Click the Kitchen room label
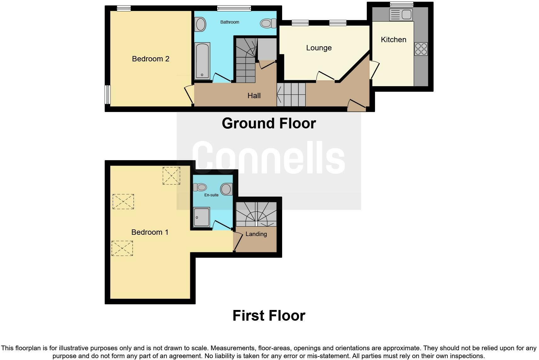tap(393, 40)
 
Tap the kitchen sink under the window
tap(401, 14)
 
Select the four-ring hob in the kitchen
tap(421, 49)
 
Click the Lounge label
tap(319, 48)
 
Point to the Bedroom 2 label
tap(150, 59)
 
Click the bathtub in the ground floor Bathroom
tap(202, 61)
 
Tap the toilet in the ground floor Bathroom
tap(268, 23)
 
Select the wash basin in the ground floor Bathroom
tap(200, 24)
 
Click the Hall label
tap(254, 96)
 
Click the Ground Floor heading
tap(269, 123)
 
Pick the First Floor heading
tap(269, 316)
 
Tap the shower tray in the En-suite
tap(201, 217)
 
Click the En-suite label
tap(211, 195)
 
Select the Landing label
tap(256, 234)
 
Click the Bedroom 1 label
tap(150, 232)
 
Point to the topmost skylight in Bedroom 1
tap(171, 176)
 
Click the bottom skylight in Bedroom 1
tap(122, 248)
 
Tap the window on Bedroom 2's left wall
tap(108, 94)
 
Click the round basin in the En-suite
tap(226, 189)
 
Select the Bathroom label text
tap(230, 22)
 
